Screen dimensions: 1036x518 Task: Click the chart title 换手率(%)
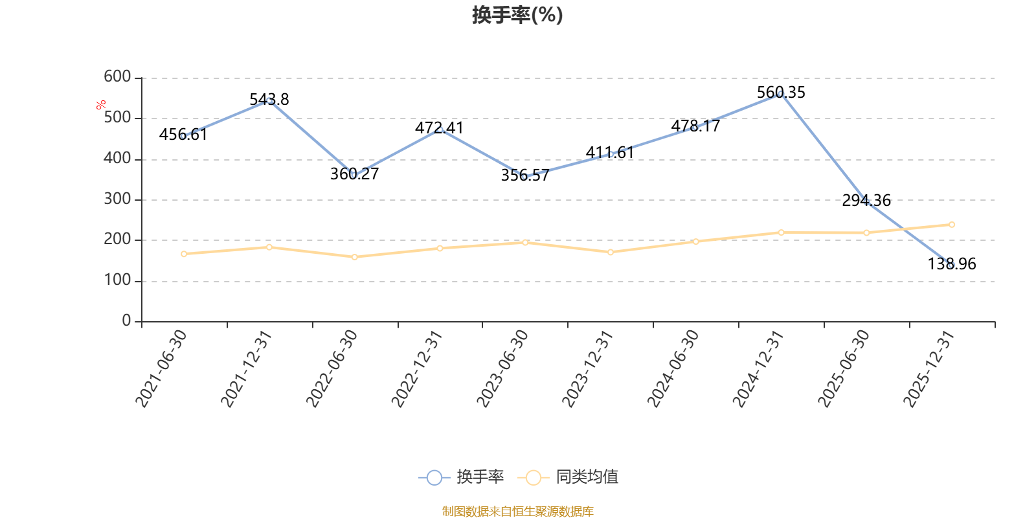tap(517, 15)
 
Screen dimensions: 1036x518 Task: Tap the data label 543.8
tap(269, 100)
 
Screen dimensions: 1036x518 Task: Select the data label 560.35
tap(781, 93)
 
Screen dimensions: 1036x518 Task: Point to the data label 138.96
tap(952, 264)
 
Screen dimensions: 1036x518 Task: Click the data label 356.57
tap(525, 175)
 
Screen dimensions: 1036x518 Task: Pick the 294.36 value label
tap(866, 201)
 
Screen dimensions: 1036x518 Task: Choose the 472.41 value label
tap(440, 128)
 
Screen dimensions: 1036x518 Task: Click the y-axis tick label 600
tap(117, 77)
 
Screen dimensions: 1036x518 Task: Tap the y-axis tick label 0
tap(126, 321)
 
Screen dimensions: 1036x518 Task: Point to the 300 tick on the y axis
tap(117, 199)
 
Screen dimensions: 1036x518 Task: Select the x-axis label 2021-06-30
tap(161, 368)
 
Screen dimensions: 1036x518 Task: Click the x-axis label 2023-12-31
tap(587, 368)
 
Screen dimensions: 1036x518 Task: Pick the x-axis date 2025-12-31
tap(929, 368)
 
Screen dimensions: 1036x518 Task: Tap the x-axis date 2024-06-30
tap(673, 368)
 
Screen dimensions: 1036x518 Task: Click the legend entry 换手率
tap(461, 477)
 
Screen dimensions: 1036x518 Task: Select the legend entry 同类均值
tap(568, 477)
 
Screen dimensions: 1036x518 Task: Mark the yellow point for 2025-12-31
tap(952, 225)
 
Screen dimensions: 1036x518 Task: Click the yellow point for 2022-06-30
tap(355, 257)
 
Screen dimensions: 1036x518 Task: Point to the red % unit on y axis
tap(101, 105)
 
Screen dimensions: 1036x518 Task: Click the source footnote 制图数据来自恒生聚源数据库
tap(517, 511)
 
